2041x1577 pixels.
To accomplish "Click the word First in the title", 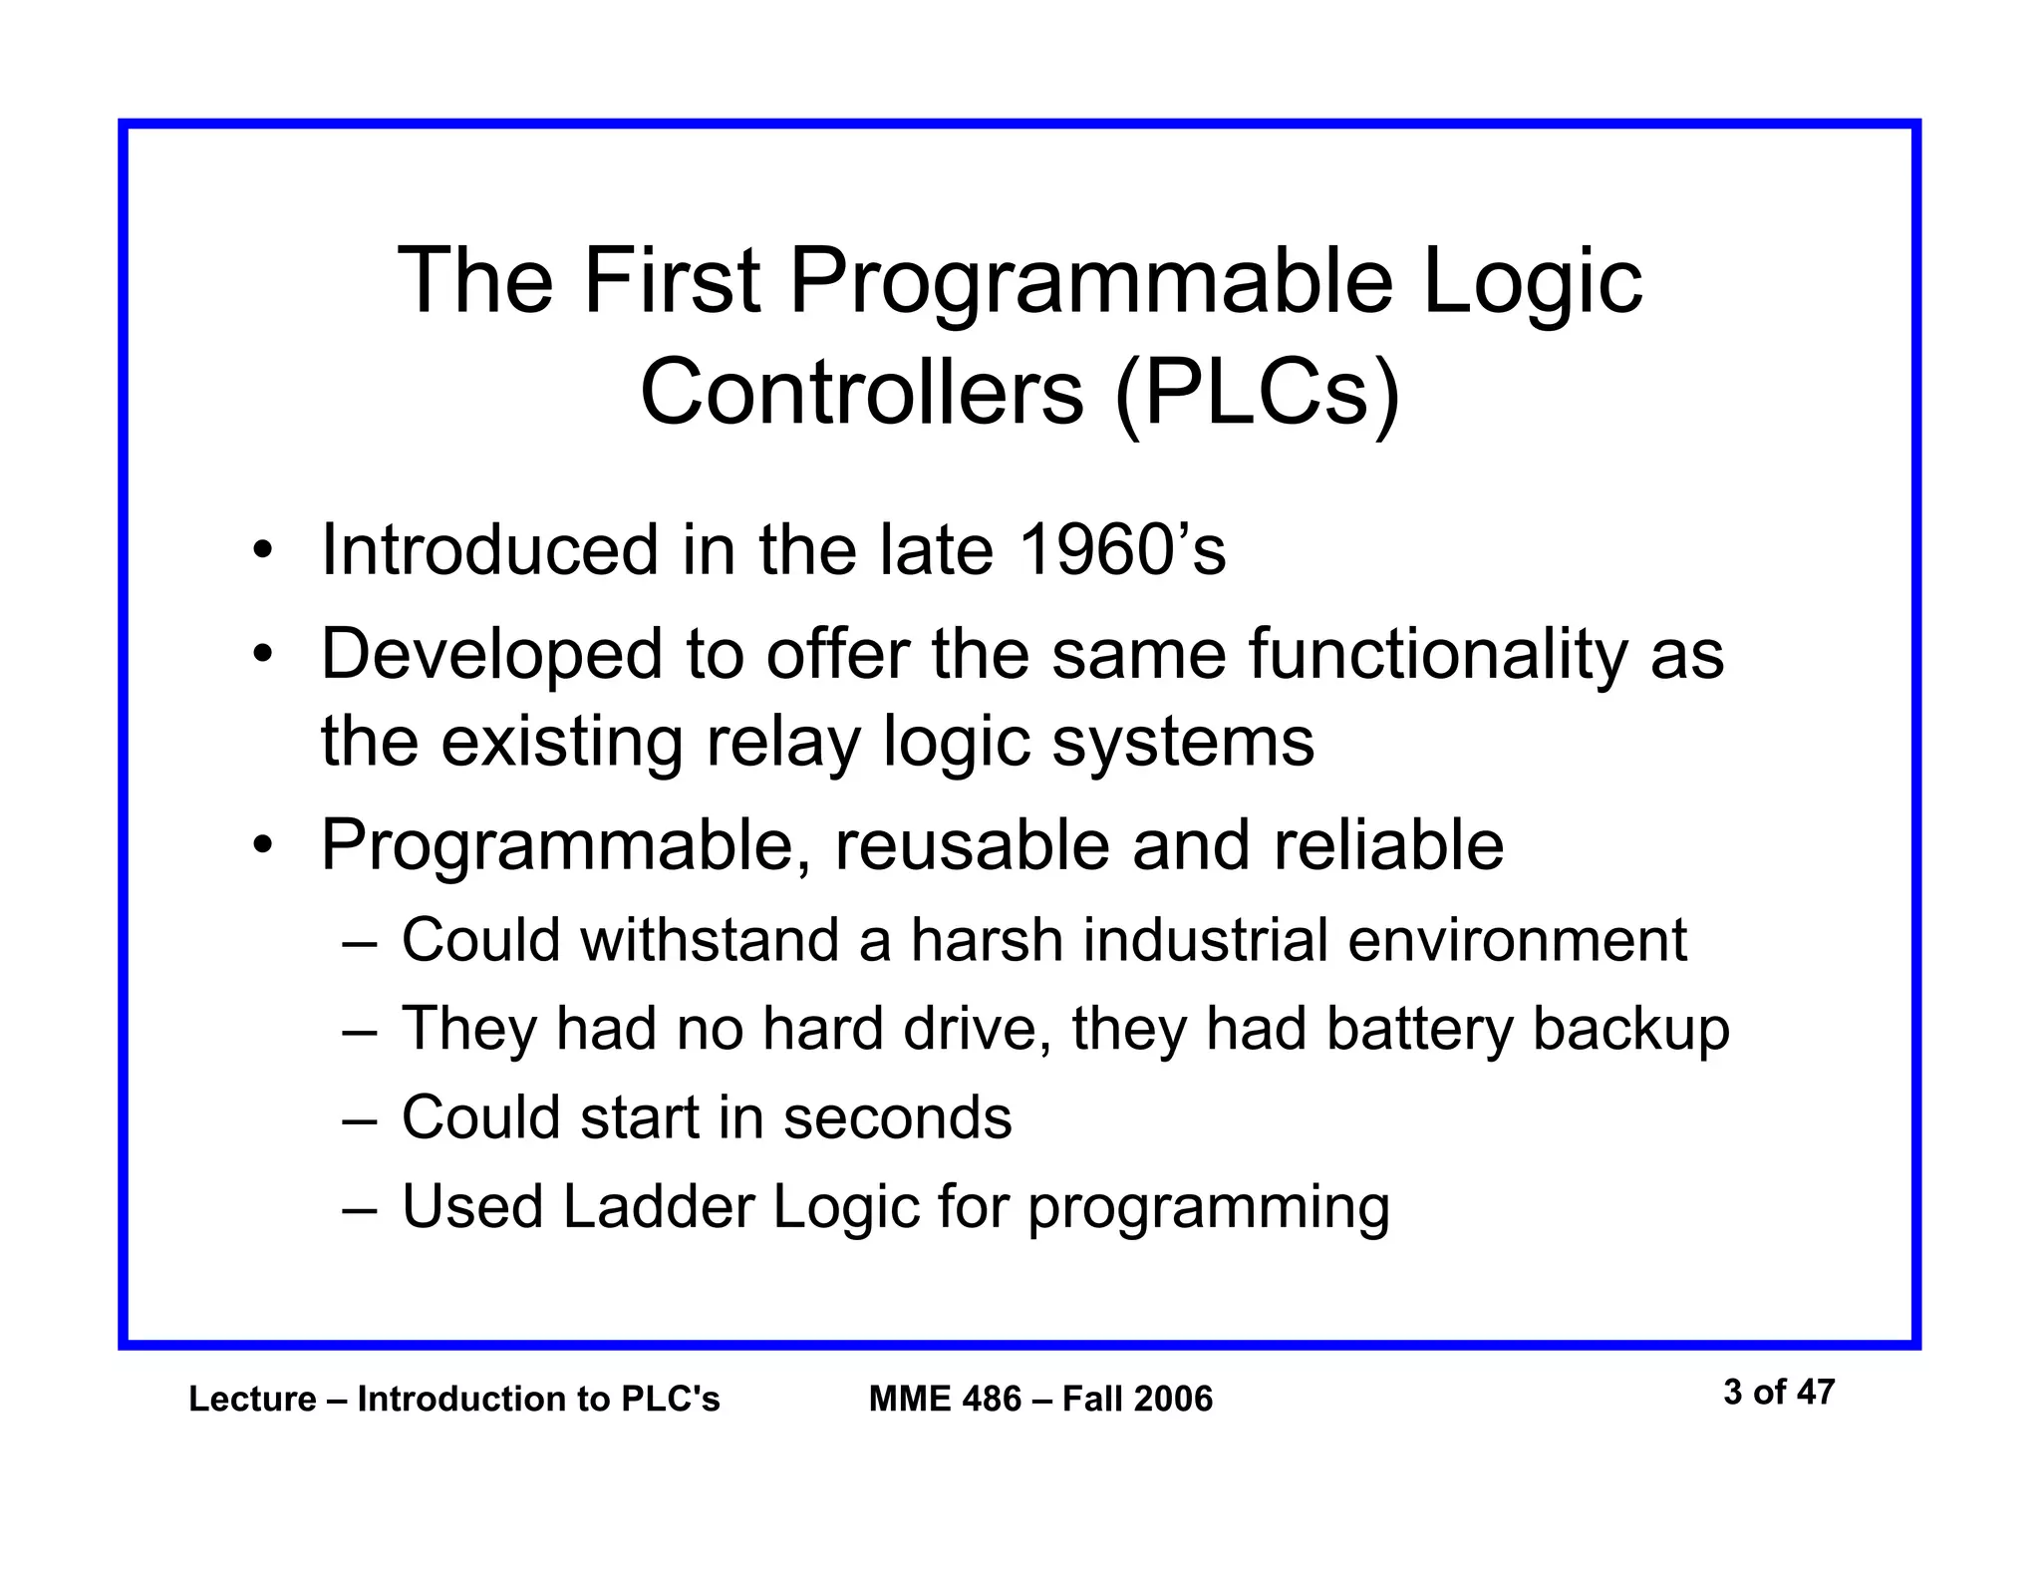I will click(x=672, y=282).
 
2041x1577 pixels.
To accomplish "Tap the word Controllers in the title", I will click(x=861, y=392).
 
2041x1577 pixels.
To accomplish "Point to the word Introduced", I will click(x=489, y=550).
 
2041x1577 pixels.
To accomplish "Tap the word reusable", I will click(x=972, y=845).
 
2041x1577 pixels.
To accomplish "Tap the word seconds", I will click(x=897, y=1117).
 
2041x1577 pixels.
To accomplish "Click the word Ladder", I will click(x=658, y=1206).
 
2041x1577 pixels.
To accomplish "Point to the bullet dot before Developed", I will click(x=262, y=656).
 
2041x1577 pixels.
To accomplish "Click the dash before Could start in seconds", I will click(x=359, y=1119).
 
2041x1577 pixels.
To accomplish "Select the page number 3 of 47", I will click(x=1778, y=1392).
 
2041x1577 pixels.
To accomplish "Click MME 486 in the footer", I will click(x=945, y=1400).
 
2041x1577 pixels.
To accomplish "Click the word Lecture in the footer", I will click(x=252, y=1400).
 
